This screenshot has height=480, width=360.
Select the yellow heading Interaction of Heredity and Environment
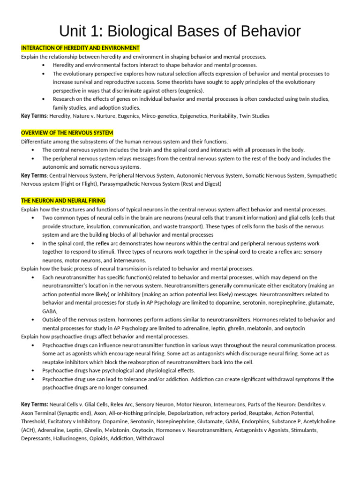[80, 48]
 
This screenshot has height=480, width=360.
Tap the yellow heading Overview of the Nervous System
[67, 133]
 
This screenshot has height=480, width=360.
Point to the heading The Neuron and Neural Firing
[63, 201]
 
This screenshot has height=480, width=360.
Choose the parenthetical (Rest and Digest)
[201, 184]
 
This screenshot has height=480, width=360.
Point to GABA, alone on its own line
[50, 311]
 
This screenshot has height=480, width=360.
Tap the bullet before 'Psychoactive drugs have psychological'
[32, 370]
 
